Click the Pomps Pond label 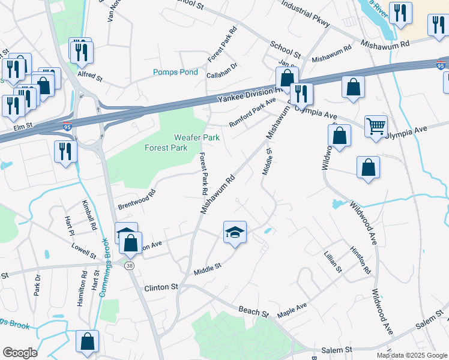(x=175, y=73)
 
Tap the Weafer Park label (x=197, y=137)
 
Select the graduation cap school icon (x=235, y=232)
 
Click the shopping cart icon (x=376, y=126)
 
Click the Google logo (x=20, y=353)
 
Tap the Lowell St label (x=83, y=251)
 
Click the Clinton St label (x=161, y=288)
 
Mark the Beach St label (x=253, y=313)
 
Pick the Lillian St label (x=333, y=262)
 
